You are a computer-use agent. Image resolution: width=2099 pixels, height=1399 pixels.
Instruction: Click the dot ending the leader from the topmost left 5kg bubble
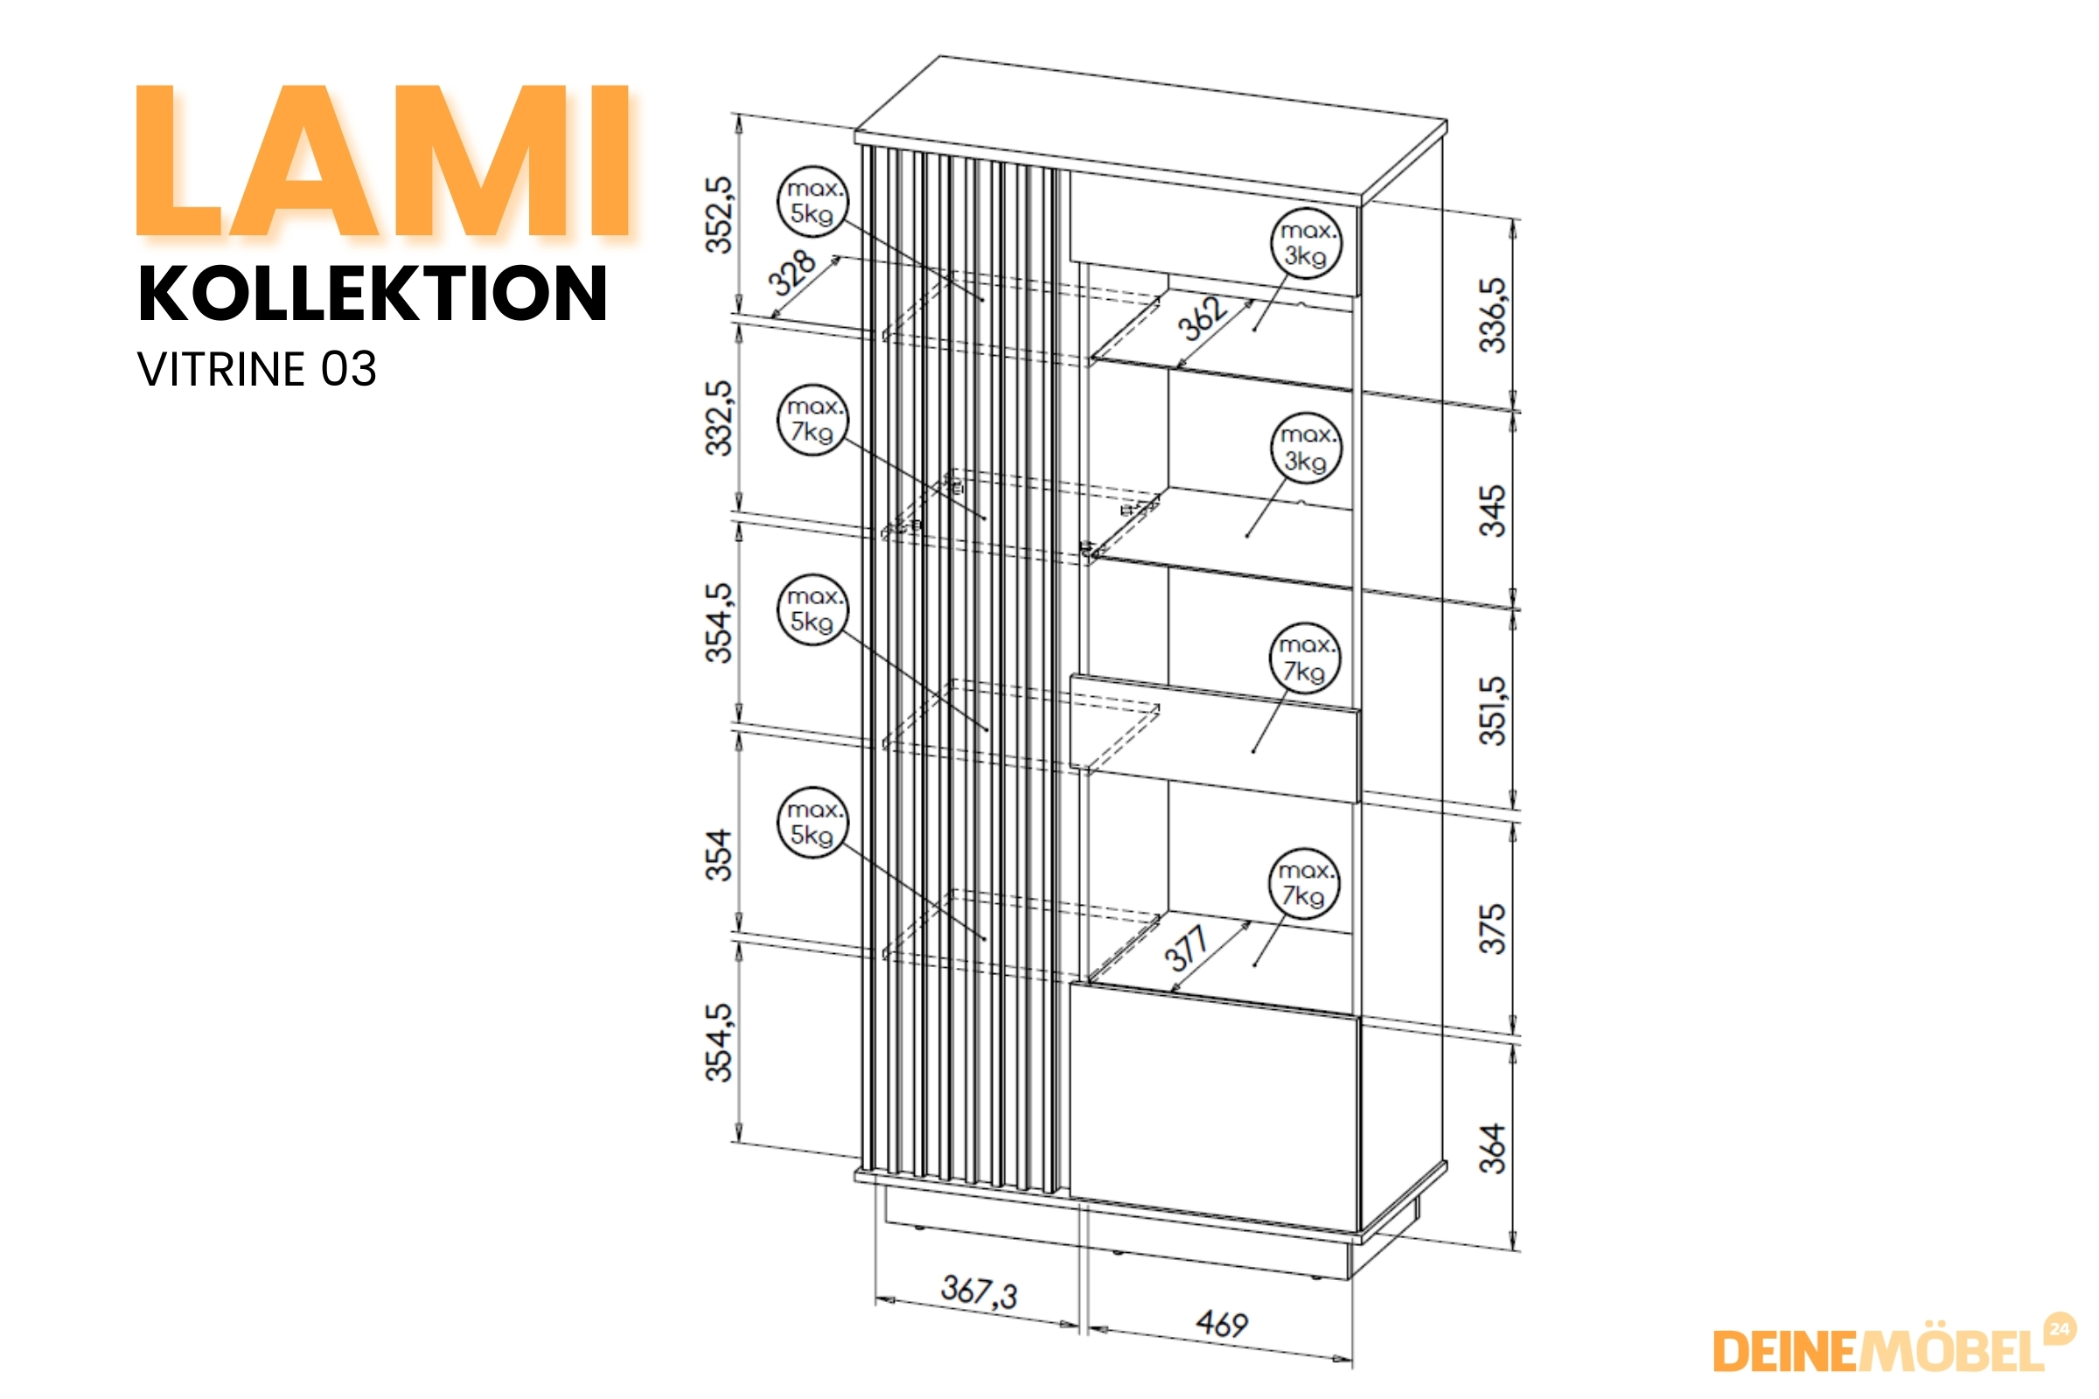(x=981, y=300)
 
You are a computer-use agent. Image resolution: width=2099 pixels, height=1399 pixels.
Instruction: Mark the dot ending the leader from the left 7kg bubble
(x=983, y=518)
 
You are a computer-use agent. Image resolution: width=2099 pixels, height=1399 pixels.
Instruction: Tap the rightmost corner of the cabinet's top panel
(x=1447, y=122)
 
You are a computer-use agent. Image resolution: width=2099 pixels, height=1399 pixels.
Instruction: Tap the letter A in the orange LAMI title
(x=304, y=161)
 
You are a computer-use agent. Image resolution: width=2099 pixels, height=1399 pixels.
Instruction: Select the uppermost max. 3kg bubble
(x=1306, y=244)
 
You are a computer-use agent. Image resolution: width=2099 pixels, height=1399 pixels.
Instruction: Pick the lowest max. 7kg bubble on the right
(x=1304, y=883)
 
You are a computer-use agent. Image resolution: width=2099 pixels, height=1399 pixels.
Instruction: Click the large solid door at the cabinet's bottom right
(x=1215, y=1106)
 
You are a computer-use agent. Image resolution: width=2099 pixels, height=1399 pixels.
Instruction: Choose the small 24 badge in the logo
(x=2060, y=1328)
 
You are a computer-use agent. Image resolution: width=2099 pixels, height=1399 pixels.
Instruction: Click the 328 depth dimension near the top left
(x=791, y=273)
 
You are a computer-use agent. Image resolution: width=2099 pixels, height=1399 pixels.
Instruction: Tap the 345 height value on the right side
(x=1492, y=511)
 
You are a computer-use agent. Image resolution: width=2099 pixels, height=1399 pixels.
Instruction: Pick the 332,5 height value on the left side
(x=718, y=419)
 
